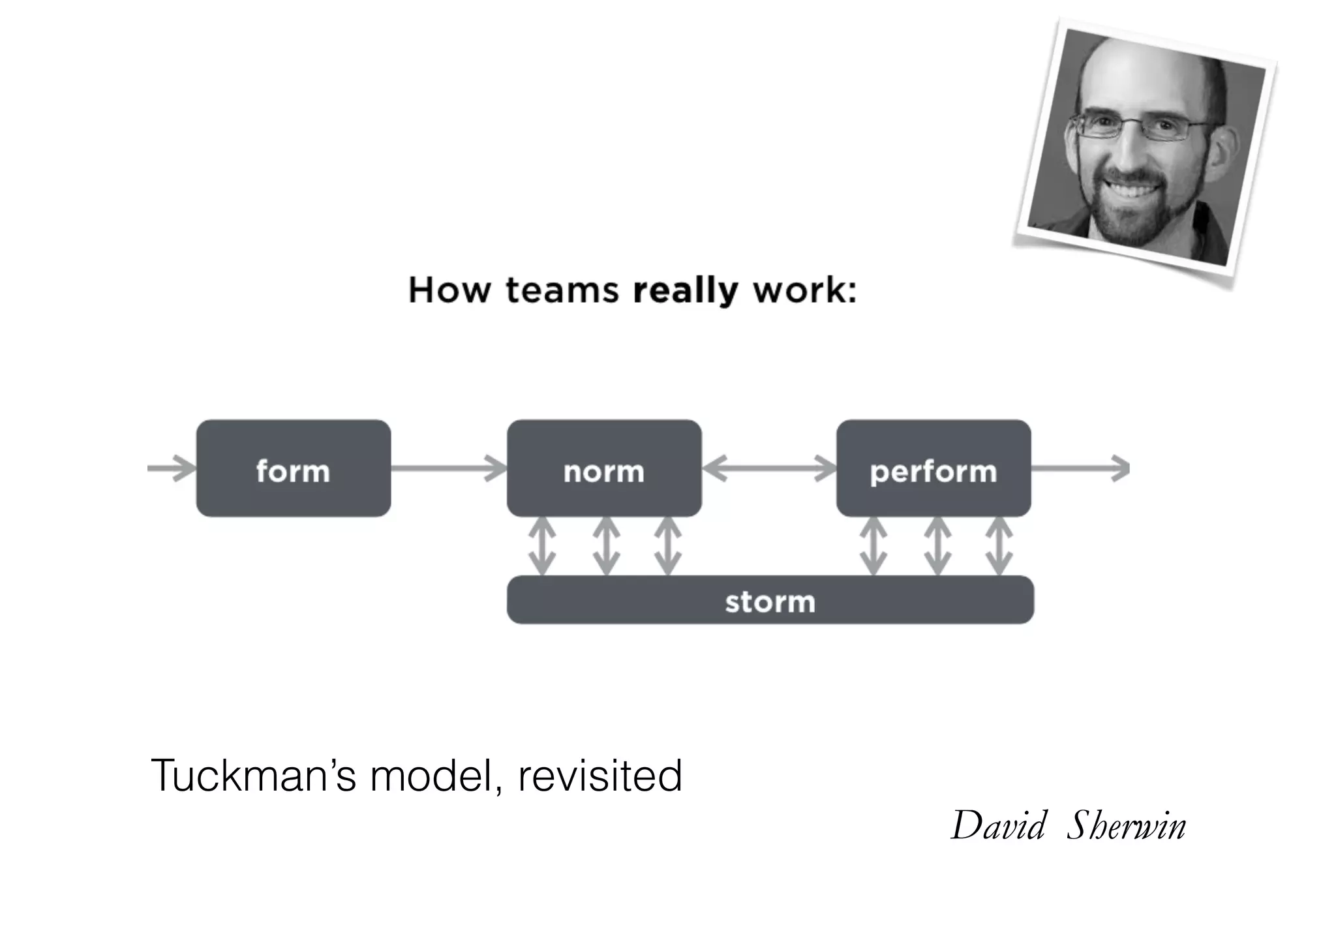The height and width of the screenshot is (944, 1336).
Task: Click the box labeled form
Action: pyautogui.click(x=293, y=468)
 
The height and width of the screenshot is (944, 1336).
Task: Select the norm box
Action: pyautogui.click(x=603, y=468)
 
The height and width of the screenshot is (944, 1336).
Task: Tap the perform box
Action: pyautogui.click(x=933, y=468)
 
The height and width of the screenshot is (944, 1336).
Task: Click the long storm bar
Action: pyautogui.click(x=770, y=600)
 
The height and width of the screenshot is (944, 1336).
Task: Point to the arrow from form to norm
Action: pyautogui.click(x=449, y=468)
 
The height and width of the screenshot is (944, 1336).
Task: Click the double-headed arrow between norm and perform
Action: pyautogui.click(x=769, y=468)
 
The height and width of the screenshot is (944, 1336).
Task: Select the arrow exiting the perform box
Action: pyautogui.click(x=1080, y=468)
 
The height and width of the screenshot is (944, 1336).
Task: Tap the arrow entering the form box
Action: pyautogui.click(x=171, y=468)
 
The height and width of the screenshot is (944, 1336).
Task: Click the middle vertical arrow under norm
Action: pyautogui.click(x=606, y=546)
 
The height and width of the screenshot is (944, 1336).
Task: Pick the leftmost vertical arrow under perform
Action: pyautogui.click(x=873, y=546)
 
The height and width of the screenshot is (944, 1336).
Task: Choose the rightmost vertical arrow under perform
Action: pyautogui.click(x=999, y=546)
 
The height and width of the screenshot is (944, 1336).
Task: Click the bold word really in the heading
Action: pyautogui.click(x=685, y=291)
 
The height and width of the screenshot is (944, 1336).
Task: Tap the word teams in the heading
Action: pyautogui.click(x=562, y=291)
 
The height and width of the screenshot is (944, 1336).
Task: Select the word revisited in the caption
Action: pyautogui.click(x=600, y=776)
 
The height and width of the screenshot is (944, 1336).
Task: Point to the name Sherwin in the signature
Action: pyautogui.click(x=1127, y=826)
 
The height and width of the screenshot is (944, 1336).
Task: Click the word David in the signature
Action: pyautogui.click(x=999, y=826)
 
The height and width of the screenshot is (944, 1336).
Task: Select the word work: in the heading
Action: pyautogui.click(x=804, y=291)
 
